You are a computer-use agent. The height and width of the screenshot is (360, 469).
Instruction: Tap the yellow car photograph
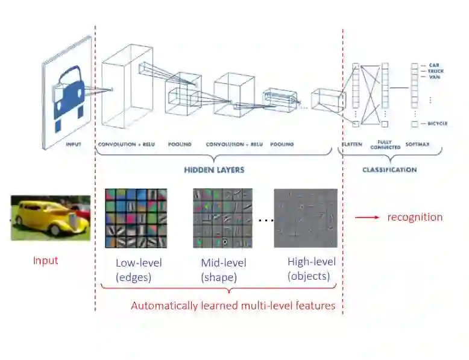point(51,218)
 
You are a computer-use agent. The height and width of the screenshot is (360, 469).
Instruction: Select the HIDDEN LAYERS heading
point(214,170)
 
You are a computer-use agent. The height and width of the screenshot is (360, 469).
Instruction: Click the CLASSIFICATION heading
point(389,170)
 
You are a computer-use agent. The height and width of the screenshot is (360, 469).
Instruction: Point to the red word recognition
point(415,217)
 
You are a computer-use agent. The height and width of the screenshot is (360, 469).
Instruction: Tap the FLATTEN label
point(352,145)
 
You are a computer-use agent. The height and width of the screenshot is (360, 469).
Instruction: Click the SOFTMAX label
point(417,145)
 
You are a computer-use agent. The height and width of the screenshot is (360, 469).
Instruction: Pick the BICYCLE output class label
point(438,124)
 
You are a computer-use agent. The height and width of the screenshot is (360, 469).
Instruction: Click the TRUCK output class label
point(436,71)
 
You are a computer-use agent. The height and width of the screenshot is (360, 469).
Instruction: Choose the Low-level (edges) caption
point(139,270)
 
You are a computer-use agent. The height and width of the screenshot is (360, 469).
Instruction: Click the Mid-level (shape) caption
point(223,270)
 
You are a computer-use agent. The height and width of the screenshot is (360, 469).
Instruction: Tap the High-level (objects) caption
point(312,269)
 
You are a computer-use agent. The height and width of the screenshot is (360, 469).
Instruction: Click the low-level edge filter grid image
point(136,218)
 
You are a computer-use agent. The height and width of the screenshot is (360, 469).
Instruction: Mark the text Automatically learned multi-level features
point(233,306)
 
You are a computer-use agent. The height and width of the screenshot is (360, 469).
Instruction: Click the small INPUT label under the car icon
point(73,145)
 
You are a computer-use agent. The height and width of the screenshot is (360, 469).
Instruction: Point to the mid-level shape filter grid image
point(221,218)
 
